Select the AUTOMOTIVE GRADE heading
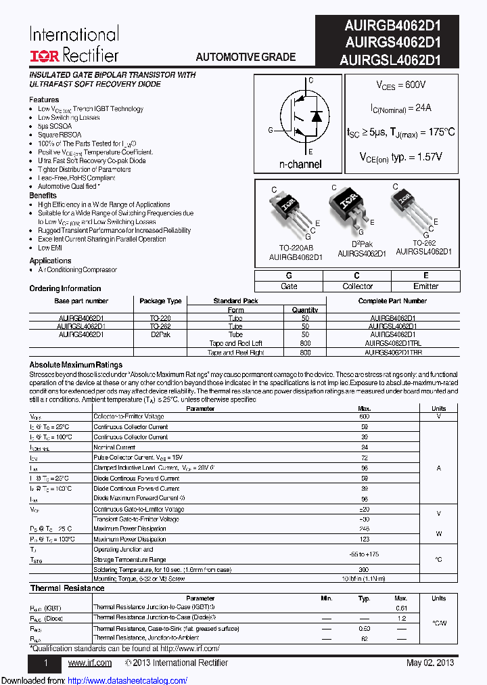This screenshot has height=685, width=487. (246, 57)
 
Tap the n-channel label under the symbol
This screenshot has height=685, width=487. (300, 164)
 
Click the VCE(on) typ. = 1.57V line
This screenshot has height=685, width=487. (401, 156)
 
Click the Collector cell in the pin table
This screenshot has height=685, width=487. (358, 286)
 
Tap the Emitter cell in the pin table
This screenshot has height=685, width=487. (425, 286)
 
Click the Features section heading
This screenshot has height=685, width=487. (44, 100)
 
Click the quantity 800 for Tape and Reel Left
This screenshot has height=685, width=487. (305, 343)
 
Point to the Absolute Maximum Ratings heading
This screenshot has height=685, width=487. (76, 365)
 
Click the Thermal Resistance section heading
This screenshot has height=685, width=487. (67, 588)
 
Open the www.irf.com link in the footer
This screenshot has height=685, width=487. (90, 663)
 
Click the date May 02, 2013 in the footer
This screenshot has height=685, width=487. (430, 663)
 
